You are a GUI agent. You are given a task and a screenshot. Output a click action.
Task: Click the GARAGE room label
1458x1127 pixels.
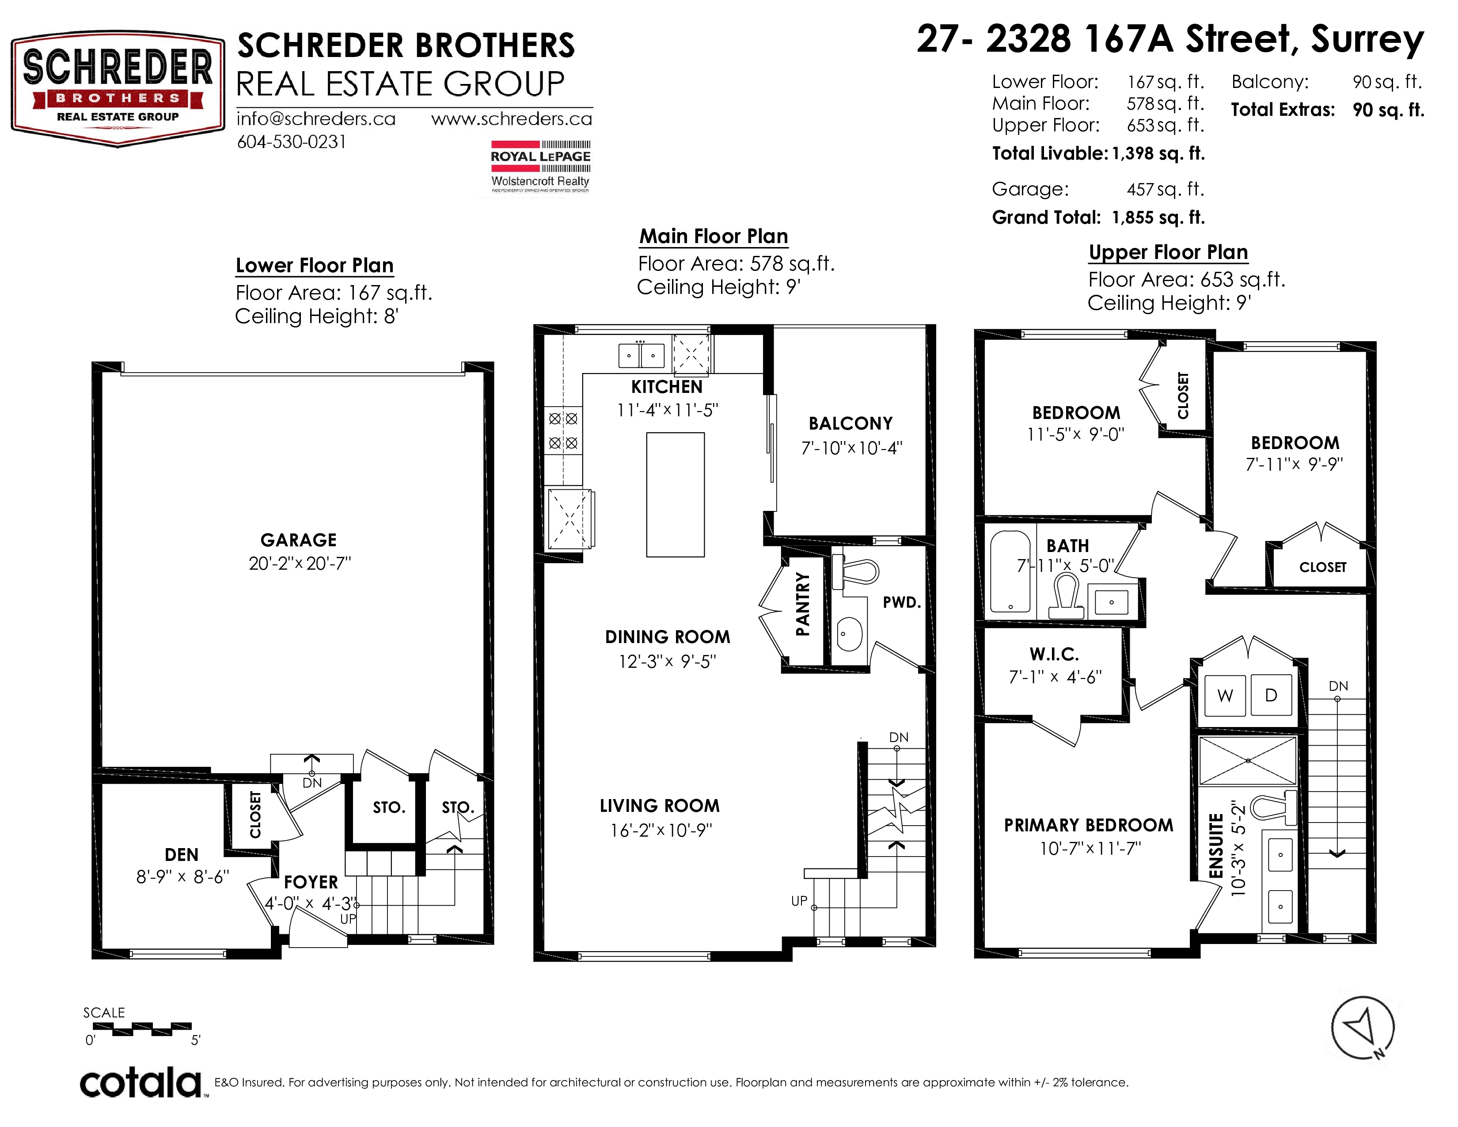[298, 540]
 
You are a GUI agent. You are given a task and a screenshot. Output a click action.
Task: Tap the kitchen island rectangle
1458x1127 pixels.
[675, 495]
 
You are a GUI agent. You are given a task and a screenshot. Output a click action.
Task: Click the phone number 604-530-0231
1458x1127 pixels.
[292, 142]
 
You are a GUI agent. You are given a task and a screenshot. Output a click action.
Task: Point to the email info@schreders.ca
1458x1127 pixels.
[316, 119]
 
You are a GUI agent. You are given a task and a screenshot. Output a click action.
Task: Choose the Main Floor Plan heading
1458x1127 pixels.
[714, 236]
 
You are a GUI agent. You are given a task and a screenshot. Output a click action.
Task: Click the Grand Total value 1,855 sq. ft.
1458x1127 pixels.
[1158, 217]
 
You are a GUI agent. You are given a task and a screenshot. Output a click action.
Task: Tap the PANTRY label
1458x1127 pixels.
[802, 604]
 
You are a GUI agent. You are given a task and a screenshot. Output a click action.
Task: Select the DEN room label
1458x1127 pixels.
[182, 855]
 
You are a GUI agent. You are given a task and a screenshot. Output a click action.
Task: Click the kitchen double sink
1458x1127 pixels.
[642, 355]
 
